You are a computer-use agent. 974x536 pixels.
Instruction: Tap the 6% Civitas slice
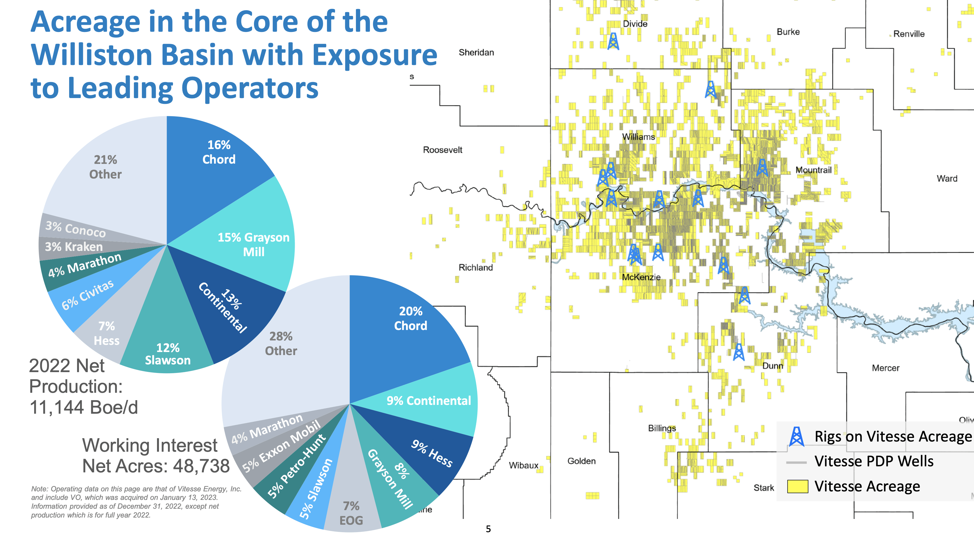(x=88, y=294)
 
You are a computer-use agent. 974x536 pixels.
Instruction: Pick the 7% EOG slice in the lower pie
(x=351, y=513)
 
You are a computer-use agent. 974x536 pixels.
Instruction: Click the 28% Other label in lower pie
(x=281, y=343)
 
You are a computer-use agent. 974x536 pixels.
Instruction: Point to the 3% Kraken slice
(x=74, y=247)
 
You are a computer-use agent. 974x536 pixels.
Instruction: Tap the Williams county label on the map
(x=638, y=137)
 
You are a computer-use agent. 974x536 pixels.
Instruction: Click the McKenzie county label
(x=641, y=277)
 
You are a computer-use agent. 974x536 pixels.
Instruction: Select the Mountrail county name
(x=813, y=170)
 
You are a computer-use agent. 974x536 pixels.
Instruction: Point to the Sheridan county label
(x=476, y=53)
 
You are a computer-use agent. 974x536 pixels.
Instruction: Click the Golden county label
(x=581, y=461)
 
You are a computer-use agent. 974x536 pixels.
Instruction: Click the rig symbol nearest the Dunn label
(x=738, y=352)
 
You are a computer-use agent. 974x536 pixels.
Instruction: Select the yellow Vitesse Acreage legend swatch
(x=797, y=486)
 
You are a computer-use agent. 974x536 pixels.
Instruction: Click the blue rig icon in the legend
(x=796, y=437)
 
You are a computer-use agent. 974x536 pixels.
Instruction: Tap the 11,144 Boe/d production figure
(x=83, y=407)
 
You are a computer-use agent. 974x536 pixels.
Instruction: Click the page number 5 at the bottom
(x=488, y=529)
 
